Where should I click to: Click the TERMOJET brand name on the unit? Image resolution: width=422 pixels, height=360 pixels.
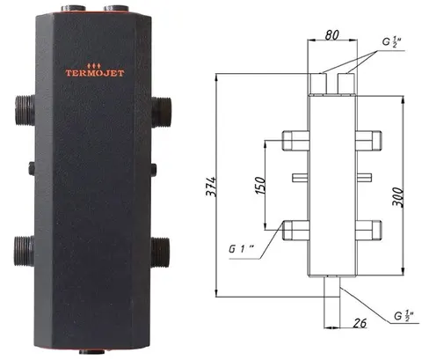pos(95,73)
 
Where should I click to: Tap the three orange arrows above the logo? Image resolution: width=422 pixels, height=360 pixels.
pos(94,65)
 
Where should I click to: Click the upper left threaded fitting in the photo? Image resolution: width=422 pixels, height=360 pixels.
pos(25,111)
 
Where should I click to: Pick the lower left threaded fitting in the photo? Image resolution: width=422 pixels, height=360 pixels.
pos(24,251)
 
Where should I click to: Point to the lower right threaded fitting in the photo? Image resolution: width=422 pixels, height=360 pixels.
pos(160,252)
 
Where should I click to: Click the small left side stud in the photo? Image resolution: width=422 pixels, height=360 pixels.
pos(32,168)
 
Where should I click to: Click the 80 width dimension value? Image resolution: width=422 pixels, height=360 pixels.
pos(332,35)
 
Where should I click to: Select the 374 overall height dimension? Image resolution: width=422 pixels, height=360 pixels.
pos(211,187)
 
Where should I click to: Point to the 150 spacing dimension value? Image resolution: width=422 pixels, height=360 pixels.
pos(260,185)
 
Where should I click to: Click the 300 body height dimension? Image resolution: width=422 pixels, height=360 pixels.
pos(398,197)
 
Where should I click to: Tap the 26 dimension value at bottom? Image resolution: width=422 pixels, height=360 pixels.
pos(360,323)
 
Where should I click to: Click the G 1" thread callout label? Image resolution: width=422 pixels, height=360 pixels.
pos(241,249)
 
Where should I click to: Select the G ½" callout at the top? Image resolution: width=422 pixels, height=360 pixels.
pos(391,41)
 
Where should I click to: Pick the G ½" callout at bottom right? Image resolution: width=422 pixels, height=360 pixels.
pos(404,316)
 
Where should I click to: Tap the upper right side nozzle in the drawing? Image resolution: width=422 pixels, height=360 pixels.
pos(368,141)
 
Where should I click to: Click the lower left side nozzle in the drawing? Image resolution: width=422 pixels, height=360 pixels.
pos(295,231)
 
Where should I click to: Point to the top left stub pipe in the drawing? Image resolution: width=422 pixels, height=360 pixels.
pos(318,84)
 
